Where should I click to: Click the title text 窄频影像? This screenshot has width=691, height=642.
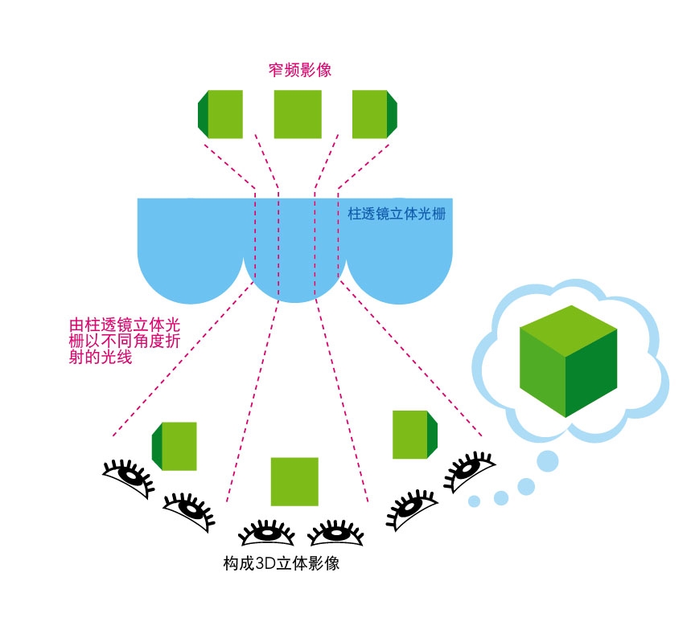[300, 70]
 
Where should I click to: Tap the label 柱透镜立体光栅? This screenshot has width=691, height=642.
[397, 215]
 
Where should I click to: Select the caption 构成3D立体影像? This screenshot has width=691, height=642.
[281, 562]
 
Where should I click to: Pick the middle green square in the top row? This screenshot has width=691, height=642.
[298, 114]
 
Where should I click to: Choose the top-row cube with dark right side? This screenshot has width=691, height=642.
[375, 114]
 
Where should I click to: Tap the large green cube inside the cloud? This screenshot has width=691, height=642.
[568, 362]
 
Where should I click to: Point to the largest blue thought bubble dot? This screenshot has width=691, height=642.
[547, 460]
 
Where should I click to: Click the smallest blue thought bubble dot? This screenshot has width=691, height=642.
[474, 501]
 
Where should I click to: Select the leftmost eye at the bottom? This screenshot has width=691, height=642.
[129, 476]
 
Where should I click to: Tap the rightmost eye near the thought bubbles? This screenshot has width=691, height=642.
[468, 470]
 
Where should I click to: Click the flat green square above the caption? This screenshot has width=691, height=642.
[294, 481]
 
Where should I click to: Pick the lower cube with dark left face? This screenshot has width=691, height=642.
[175, 445]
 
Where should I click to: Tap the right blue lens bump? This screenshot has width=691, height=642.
[400, 265]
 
